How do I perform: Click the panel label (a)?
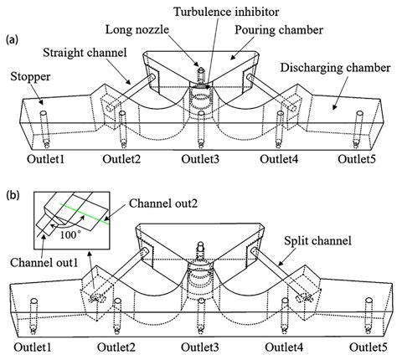pyautogui.click(x=12, y=39)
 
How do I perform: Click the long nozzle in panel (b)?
pyautogui.click(x=200, y=250)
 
